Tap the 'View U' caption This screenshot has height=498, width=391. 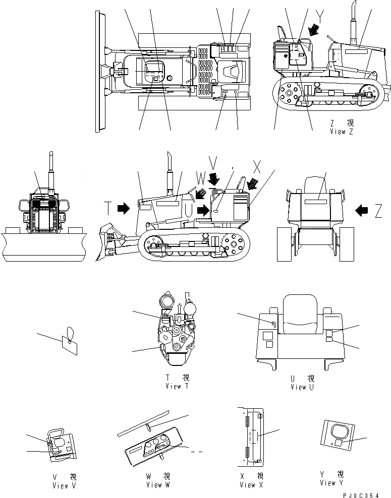click(302, 387)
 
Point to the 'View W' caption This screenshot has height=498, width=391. click(158, 485)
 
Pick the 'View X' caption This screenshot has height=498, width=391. click(251, 485)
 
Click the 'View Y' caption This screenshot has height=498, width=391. click(331, 483)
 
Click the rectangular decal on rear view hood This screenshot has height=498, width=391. click(314, 201)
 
